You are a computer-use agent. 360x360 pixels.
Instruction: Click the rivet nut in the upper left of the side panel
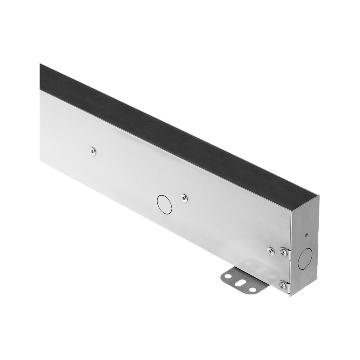pyautogui.click(x=93, y=151)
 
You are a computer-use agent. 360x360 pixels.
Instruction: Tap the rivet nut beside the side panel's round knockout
pyautogui.click(x=184, y=197)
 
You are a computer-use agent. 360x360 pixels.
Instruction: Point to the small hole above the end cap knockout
pyautogui.click(x=306, y=235)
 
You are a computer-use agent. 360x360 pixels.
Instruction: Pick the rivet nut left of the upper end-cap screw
pyautogui.click(x=271, y=251)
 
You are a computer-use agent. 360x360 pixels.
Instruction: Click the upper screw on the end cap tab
pyautogui.click(x=283, y=252)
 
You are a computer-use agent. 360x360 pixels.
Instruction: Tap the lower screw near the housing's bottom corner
pyautogui.click(x=283, y=285)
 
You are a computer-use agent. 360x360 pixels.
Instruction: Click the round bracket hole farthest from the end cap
pyautogui.click(x=228, y=276)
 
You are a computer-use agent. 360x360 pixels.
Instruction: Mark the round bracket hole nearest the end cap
pyautogui.click(x=253, y=289)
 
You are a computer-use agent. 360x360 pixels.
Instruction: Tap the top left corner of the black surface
pyautogui.click(x=40, y=64)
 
